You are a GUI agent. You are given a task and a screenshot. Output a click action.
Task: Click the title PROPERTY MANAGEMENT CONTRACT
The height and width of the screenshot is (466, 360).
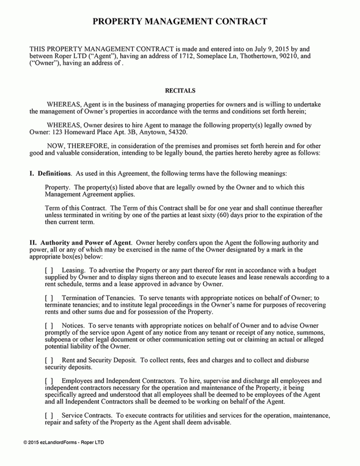[180, 22]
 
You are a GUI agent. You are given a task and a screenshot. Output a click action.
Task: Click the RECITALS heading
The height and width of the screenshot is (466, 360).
[180, 91]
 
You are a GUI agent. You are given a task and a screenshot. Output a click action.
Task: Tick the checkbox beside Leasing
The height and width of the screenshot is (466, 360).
[49, 270]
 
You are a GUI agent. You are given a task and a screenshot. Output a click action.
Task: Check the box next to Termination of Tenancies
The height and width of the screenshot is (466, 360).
[49, 298]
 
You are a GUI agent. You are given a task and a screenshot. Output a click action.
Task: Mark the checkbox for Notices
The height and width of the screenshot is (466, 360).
[49, 326]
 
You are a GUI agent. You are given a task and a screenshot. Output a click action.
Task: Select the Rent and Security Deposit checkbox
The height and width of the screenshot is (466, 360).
[49, 360]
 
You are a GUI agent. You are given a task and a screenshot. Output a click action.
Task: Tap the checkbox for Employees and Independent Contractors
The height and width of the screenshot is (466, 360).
[49, 381]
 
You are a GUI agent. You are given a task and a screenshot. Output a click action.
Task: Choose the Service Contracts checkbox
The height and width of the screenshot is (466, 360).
[49, 416]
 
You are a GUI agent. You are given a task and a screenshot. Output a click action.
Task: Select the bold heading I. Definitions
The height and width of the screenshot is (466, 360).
[50, 174]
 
